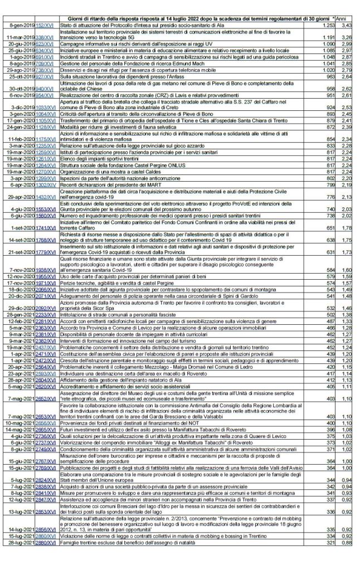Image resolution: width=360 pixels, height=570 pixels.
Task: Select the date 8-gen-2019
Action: point(22,26)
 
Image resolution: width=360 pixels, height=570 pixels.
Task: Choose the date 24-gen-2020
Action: point(22,143)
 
